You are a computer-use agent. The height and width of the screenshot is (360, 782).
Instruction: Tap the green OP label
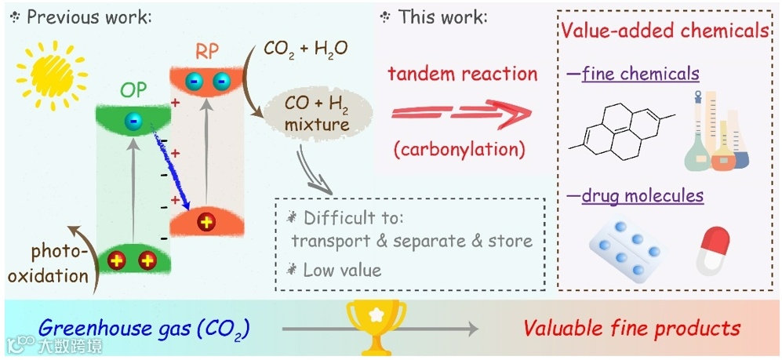(133, 89)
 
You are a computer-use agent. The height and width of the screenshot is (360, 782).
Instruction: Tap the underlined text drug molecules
(642, 195)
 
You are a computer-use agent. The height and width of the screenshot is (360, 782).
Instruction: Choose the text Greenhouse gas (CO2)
(144, 328)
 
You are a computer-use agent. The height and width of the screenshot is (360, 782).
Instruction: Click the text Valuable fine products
(631, 328)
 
